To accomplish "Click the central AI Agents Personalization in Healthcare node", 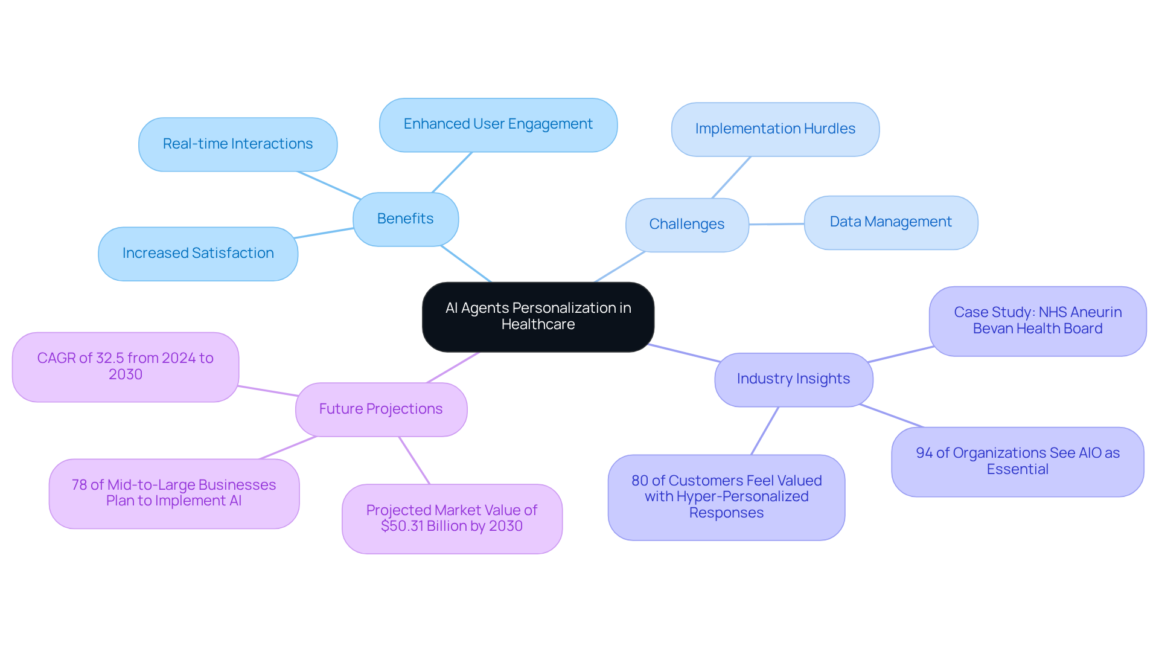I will click(x=538, y=316).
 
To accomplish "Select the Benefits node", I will click(x=405, y=219).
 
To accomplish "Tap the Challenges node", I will click(x=687, y=224).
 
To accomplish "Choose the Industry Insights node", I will click(x=793, y=379).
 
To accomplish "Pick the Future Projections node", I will click(x=381, y=409).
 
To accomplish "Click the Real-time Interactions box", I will click(x=238, y=144).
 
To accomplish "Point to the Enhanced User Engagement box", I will click(x=498, y=124).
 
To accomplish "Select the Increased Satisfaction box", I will click(x=198, y=253).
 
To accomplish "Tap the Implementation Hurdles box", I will click(x=775, y=129).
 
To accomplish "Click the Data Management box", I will click(x=890, y=222).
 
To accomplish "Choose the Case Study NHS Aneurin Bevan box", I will click(x=1038, y=321).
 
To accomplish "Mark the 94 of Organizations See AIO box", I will click(x=1018, y=461).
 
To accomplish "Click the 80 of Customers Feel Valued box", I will click(x=726, y=497).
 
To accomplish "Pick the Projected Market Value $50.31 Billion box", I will click(x=452, y=518).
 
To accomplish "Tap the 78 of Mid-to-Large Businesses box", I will click(x=174, y=493).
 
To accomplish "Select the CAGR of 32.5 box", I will click(x=126, y=367).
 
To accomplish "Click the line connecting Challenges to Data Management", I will click(x=777, y=224).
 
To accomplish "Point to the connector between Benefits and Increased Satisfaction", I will click(x=325, y=233).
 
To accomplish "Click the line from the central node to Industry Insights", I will click(x=684, y=353).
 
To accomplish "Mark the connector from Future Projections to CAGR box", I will click(x=267, y=391).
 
